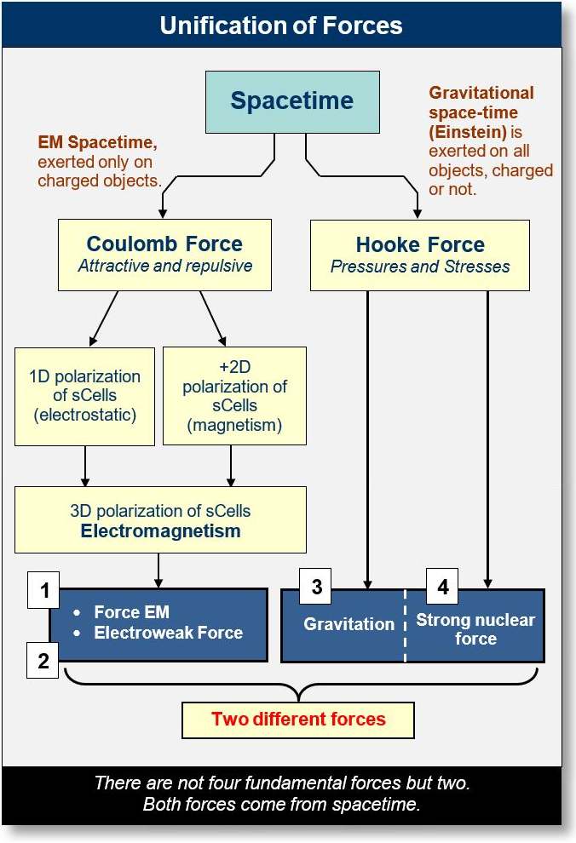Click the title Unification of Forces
(x=281, y=25)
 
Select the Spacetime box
(x=291, y=101)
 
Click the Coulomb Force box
(x=164, y=254)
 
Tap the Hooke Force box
(x=419, y=255)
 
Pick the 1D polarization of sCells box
(x=84, y=395)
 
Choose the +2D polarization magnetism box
(x=234, y=395)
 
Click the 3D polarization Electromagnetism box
(x=160, y=520)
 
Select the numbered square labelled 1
(x=43, y=590)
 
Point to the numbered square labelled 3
(x=315, y=587)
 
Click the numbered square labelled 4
(x=442, y=587)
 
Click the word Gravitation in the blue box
(x=349, y=624)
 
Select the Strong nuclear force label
(x=475, y=629)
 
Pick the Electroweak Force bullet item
(x=168, y=633)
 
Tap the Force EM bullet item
(x=131, y=612)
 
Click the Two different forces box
(x=298, y=719)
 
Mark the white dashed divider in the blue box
(x=405, y=625)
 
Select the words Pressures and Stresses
(x=419, y=267)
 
